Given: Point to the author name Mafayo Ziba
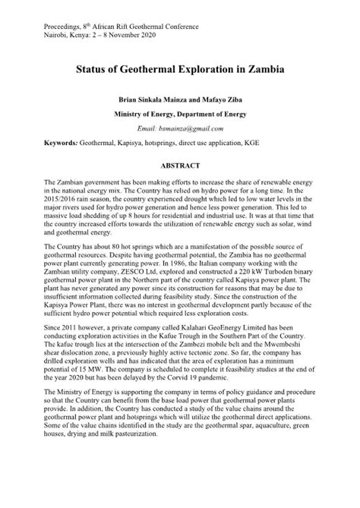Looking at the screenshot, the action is point(229,99).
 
